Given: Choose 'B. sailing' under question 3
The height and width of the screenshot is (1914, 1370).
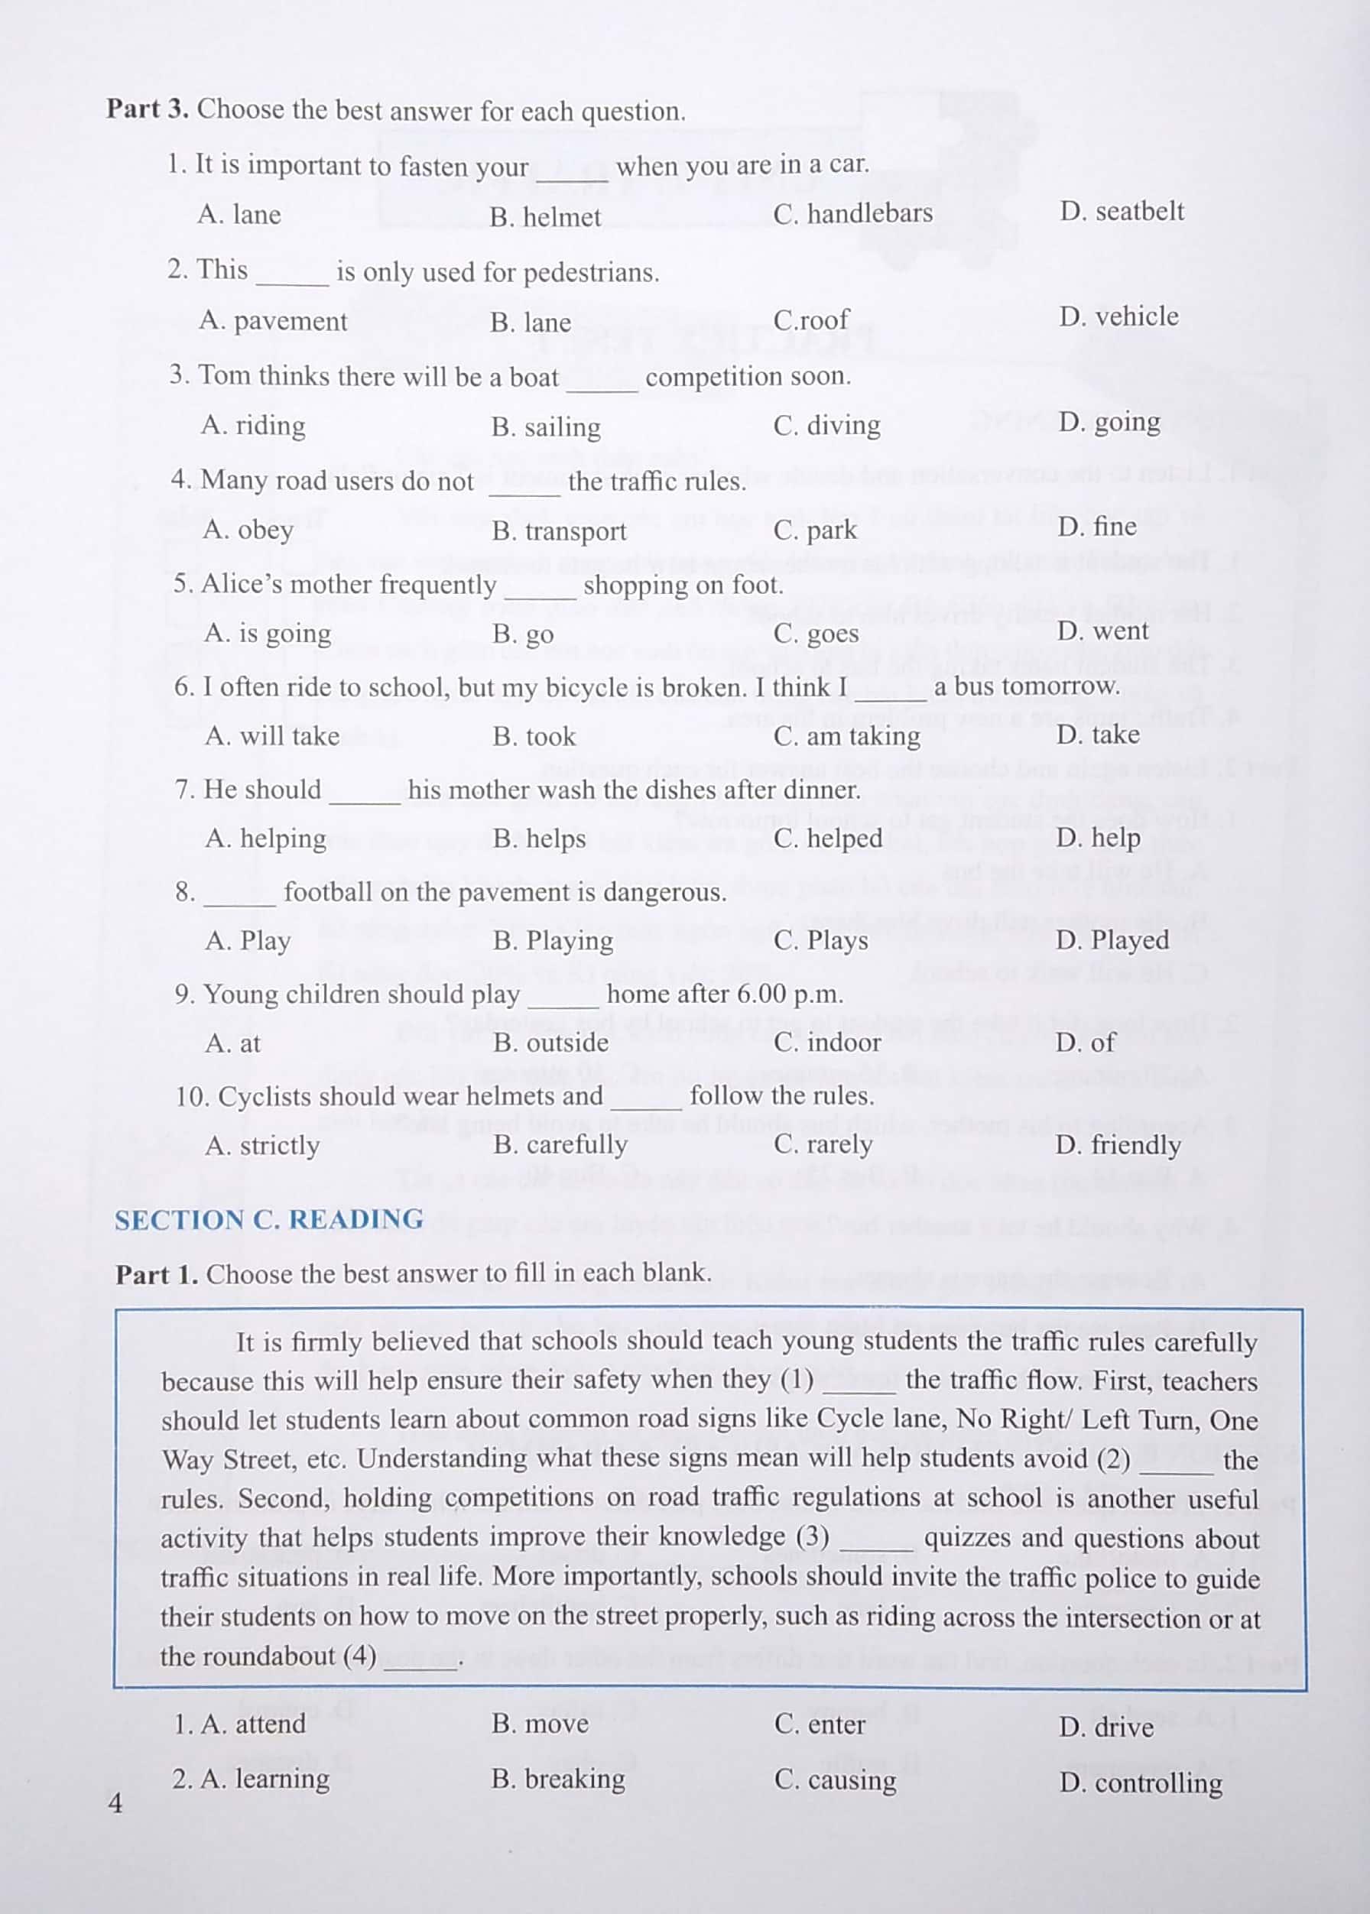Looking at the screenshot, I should click(546, 427).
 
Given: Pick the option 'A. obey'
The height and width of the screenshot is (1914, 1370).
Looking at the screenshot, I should click(248, 530).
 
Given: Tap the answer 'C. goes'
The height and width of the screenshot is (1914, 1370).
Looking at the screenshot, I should click(816, 634).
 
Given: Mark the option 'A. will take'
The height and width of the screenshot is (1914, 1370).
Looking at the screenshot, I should click(271, 736).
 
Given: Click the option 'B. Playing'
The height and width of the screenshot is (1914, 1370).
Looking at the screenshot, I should click(553, 940).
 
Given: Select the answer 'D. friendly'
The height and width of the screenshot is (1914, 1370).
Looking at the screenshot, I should click(1117, 1145).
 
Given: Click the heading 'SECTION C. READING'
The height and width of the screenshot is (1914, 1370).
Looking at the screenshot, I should click(269, 1220).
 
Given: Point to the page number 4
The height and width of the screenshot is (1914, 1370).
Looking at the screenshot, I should click(115, 1803).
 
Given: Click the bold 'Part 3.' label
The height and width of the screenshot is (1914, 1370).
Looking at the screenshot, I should click(148, 109).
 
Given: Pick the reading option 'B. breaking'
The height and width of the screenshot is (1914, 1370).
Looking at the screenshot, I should click(557, 1779).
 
